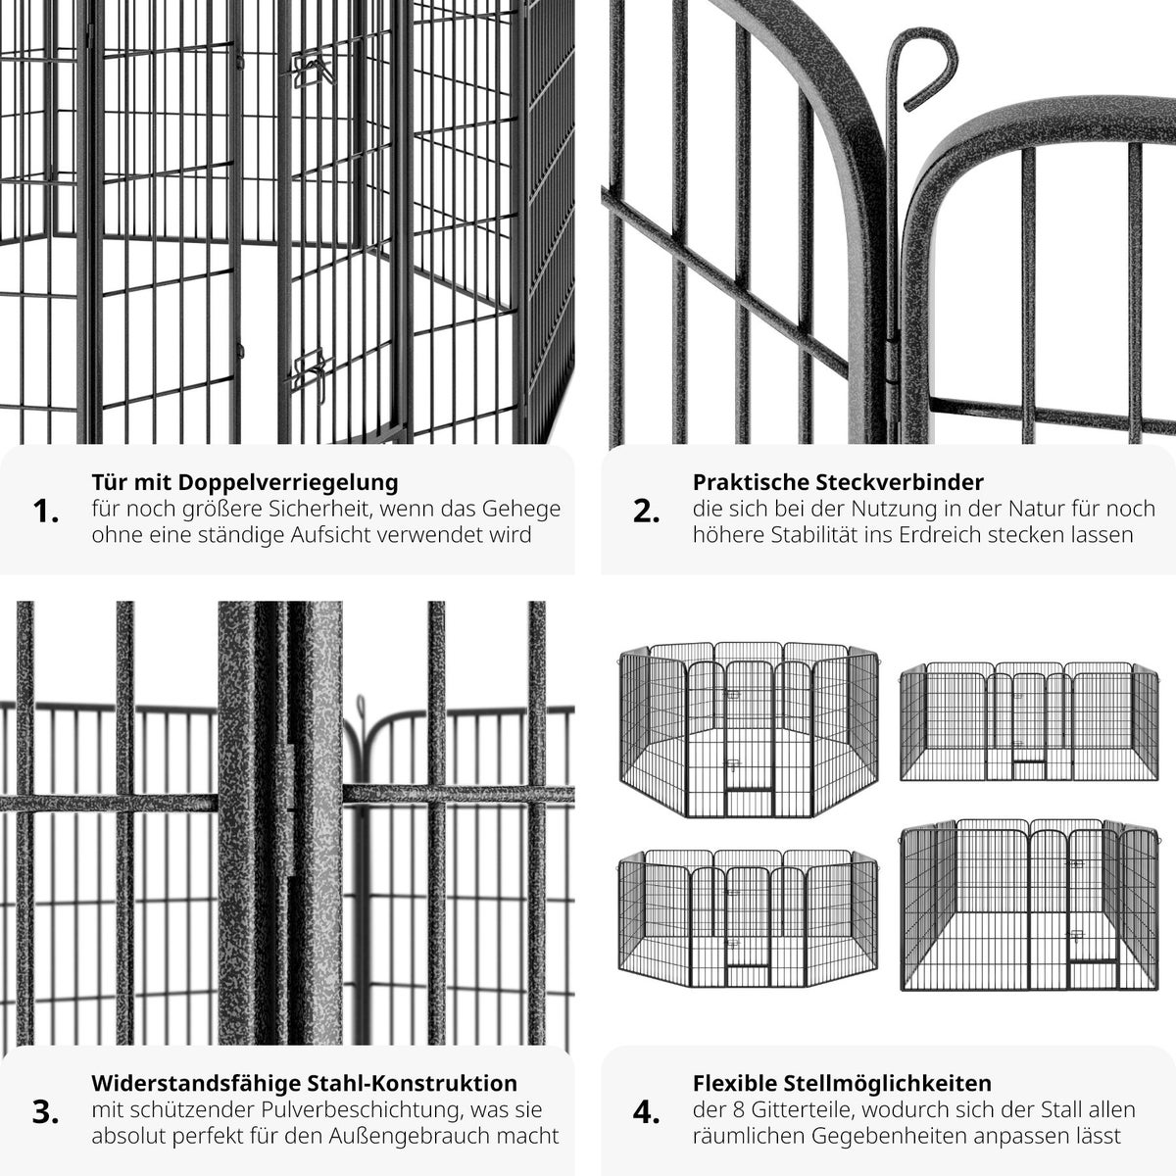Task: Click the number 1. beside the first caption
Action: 46,512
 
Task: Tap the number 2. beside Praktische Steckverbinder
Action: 646,512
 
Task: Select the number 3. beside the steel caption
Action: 46,1112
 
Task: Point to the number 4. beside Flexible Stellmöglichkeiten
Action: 646,1112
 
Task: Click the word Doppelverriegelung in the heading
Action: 288,483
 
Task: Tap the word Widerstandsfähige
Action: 196,1083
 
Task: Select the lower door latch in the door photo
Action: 313,369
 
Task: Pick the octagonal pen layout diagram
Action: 749,729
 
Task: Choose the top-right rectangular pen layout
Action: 1029,721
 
